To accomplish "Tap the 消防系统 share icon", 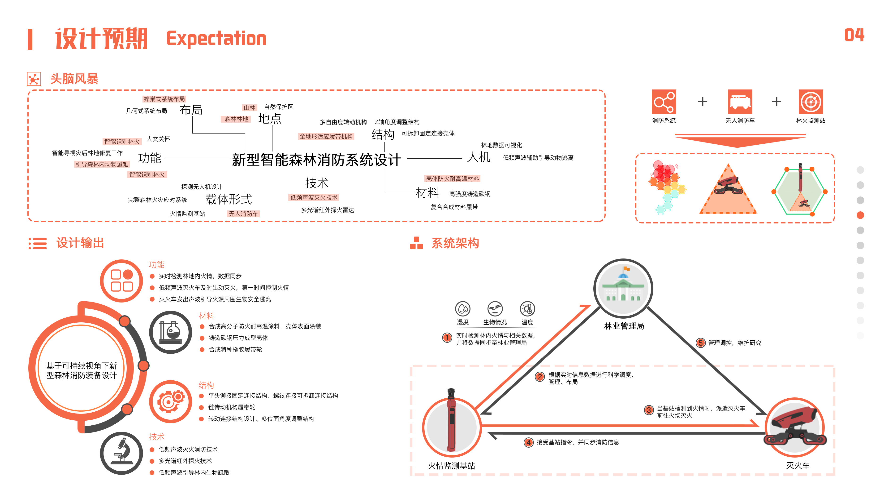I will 664,102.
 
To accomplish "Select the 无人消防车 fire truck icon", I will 740,102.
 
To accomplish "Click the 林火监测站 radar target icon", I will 811,102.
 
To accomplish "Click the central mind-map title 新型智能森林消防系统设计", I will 316,160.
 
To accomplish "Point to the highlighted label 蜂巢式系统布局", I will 164,99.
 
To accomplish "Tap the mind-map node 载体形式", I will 229,199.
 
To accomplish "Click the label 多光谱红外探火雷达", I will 328,210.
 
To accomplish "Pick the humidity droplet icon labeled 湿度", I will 462,309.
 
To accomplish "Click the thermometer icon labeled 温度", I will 527,309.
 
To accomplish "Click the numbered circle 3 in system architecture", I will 649,410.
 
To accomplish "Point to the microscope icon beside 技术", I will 122,453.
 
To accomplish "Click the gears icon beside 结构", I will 170,402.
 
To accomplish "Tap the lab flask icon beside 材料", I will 170,332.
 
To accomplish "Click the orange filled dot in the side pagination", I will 860,215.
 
